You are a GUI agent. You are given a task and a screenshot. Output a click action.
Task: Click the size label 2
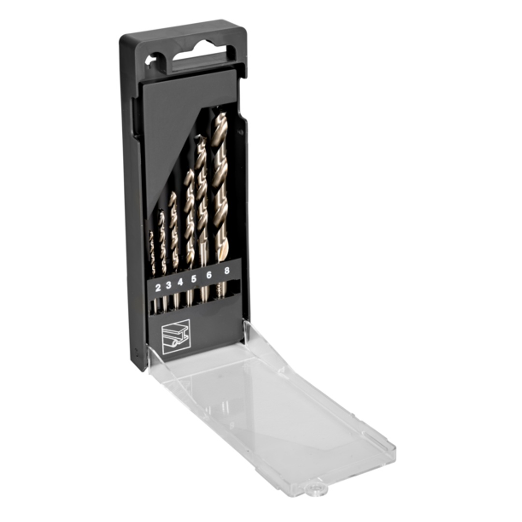158,287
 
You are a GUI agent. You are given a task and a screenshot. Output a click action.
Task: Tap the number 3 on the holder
169,285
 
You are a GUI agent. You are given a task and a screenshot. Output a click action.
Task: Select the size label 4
180,282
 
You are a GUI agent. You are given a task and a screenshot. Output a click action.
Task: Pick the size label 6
209,275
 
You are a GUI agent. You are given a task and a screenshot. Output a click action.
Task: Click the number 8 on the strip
227,270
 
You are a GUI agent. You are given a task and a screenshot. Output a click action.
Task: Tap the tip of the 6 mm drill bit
200,136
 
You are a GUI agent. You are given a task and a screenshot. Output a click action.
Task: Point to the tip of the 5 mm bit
190,171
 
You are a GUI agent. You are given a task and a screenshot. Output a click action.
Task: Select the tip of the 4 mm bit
173,194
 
